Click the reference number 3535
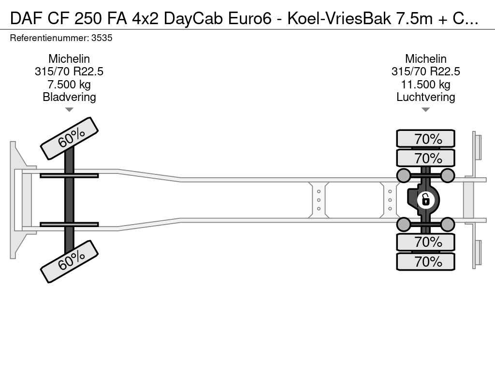point(102,38)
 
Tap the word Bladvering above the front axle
point(69,97)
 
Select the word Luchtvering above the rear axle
point(425,97)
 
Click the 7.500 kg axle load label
point(69,84)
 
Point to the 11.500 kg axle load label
point(425,84)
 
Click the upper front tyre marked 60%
point(69,139)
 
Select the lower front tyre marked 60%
point(69,261)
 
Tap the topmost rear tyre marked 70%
point(425,139)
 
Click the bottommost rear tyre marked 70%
point(425,261)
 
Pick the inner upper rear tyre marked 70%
point(425,158)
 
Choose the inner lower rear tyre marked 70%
point(425,242)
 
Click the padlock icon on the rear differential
point(425,200)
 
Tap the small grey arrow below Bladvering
point(69,110)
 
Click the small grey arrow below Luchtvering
point(425,110)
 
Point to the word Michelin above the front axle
point(69,58)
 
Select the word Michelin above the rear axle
point(425,58)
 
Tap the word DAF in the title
point(27,19)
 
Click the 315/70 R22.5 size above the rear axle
point(425,71)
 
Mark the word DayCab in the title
point(194,19)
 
